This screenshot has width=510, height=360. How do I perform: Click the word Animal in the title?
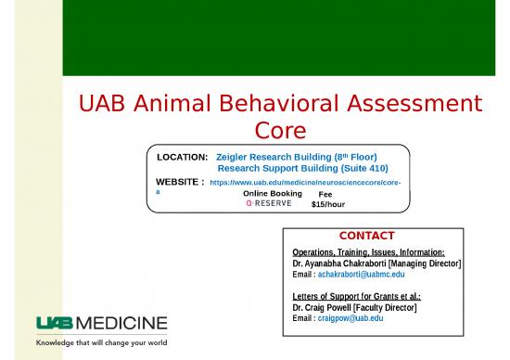169,105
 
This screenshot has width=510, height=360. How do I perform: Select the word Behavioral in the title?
277,105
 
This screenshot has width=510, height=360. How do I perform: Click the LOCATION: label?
182,158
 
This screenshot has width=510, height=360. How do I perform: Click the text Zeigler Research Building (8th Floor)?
296,158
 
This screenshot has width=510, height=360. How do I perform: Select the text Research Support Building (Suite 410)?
302,169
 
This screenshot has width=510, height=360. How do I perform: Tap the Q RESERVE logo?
268,203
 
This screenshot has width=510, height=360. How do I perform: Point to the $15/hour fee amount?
328,203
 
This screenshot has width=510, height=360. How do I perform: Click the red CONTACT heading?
366,236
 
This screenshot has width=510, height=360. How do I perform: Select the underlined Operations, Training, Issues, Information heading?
368,252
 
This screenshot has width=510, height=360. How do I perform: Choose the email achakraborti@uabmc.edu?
348,275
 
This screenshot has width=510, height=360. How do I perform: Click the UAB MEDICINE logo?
101,323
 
